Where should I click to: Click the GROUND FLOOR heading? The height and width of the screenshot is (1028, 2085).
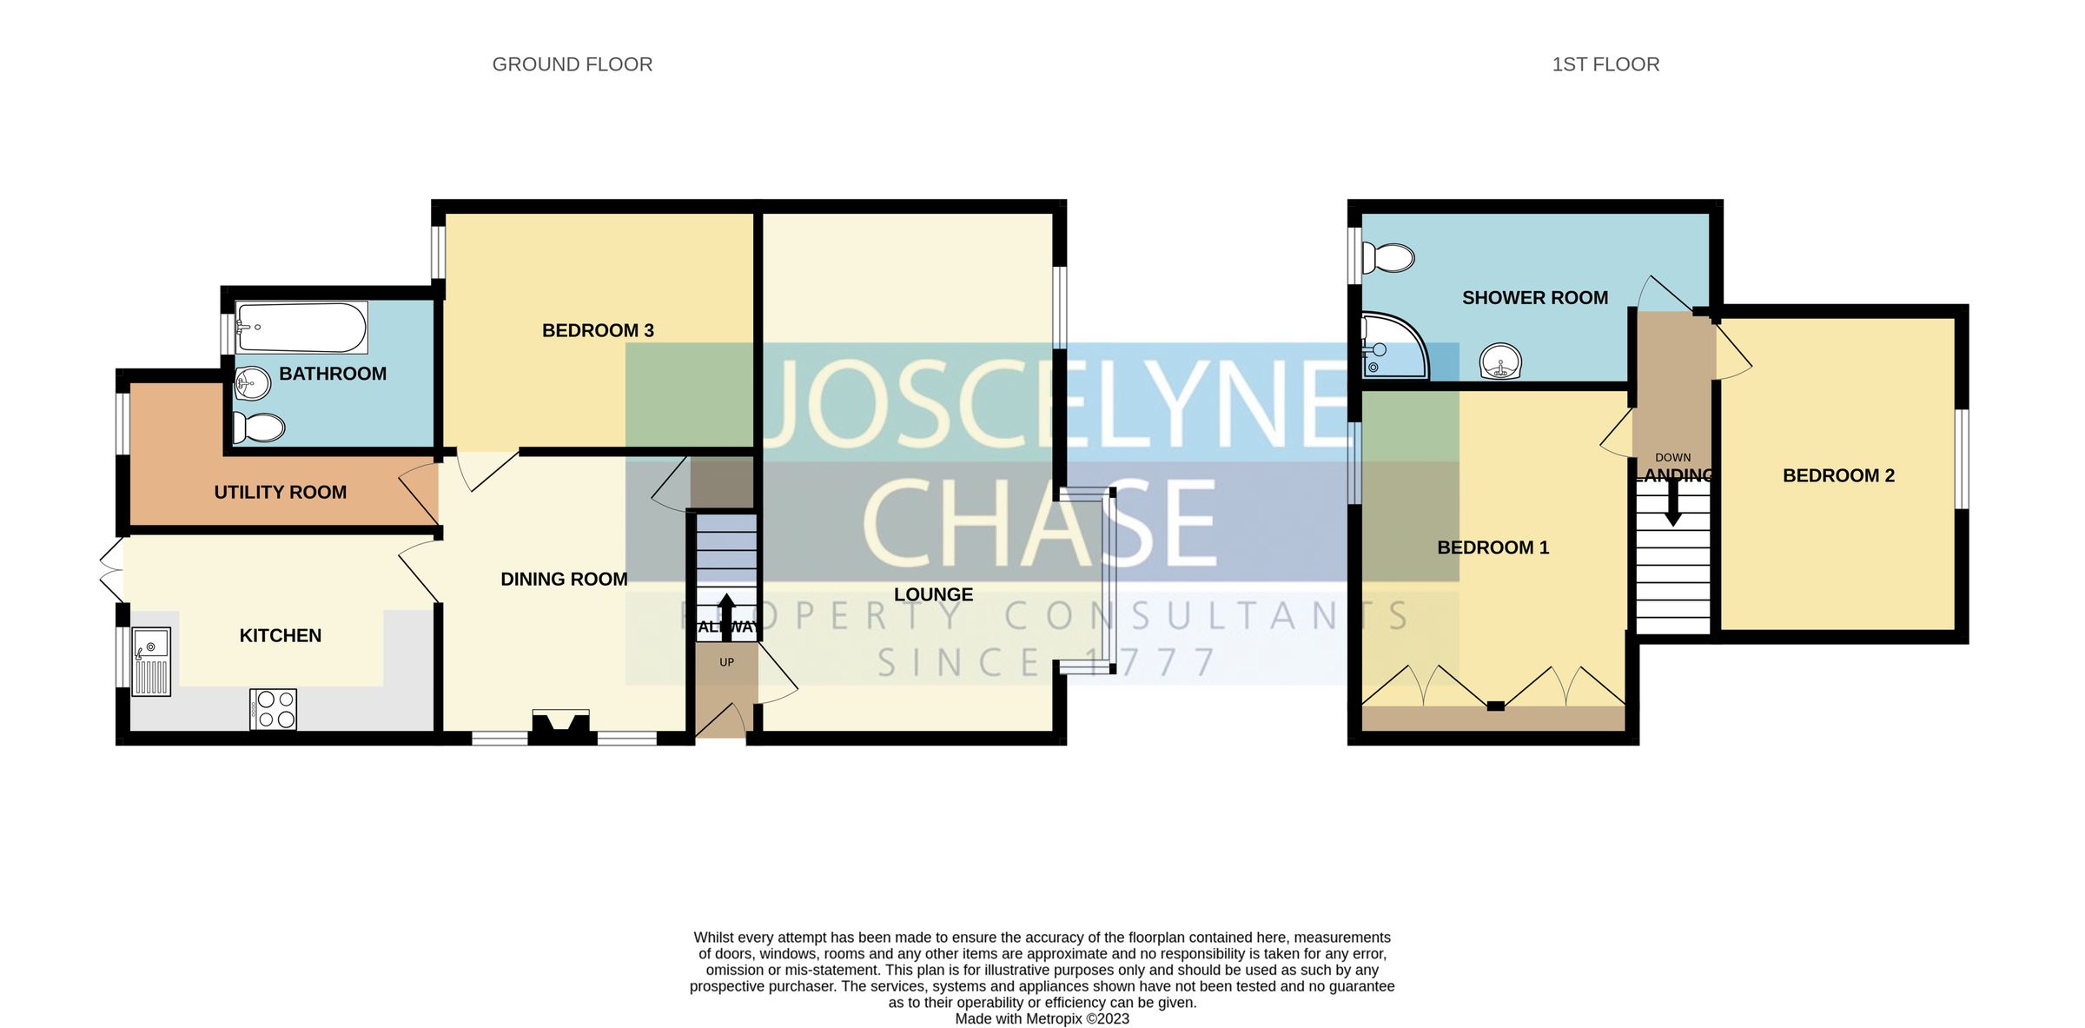point(572,64)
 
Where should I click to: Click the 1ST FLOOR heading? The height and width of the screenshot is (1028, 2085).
point(1605,64)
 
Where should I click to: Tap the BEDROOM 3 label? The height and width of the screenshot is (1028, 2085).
point(598,330)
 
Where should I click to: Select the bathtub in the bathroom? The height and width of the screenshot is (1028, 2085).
point(301,328)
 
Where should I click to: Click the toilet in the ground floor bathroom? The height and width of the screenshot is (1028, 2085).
point(259,428)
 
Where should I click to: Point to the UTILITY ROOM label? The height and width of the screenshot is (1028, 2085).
point(280,492)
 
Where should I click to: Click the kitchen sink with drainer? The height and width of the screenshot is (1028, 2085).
point(151,661)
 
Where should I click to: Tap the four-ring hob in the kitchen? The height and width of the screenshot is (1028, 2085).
point(274,709)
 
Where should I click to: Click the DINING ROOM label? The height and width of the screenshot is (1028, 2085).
point(564,579)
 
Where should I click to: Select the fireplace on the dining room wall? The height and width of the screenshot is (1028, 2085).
point(561,726)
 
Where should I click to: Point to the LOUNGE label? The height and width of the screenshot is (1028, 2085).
point(933,594)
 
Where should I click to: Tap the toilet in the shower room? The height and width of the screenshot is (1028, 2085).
point(1388,258)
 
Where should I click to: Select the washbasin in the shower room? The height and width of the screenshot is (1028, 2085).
point(1500,361)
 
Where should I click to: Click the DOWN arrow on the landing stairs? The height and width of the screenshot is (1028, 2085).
point(1672,504)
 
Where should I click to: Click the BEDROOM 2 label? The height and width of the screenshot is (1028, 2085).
point(1838,475)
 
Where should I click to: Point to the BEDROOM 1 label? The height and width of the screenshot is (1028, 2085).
point(1493,547)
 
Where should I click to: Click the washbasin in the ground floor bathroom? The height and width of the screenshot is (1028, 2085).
point(253,382)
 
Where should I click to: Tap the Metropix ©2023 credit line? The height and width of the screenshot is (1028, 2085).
point(1042,1018)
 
